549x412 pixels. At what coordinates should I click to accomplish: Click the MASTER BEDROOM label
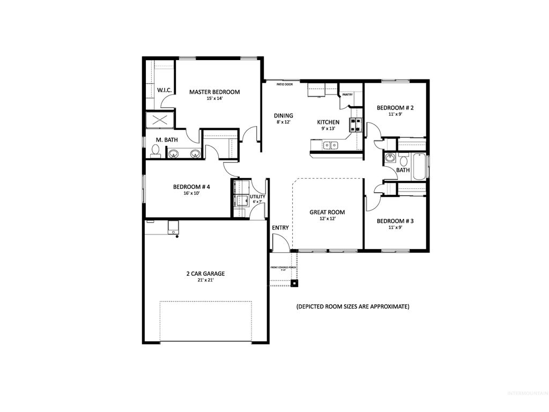(214, 92)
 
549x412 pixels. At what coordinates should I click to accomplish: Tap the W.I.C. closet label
(164, 90)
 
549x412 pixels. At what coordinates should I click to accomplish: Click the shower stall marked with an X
(160, 121)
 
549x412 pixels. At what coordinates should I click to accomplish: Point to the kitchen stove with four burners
(355, 125)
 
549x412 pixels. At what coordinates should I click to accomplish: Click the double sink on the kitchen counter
(330, 145)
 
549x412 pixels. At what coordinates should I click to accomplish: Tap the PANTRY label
(347, 95)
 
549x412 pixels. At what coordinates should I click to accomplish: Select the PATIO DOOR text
(285, 84)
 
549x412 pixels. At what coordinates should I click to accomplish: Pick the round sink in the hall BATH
(389, 159)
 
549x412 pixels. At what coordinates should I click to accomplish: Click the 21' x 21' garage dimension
(205, 281)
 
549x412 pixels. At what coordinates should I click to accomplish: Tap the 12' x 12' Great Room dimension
(327, 219)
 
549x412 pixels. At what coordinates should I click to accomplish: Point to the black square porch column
(294, 282)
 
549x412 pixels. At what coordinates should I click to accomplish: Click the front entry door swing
(280, 244)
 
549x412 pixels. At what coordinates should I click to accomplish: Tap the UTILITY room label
(257, 197)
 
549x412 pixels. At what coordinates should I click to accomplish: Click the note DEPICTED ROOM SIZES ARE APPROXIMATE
(353, 307)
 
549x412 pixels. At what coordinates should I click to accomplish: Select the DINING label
(284, 115)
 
